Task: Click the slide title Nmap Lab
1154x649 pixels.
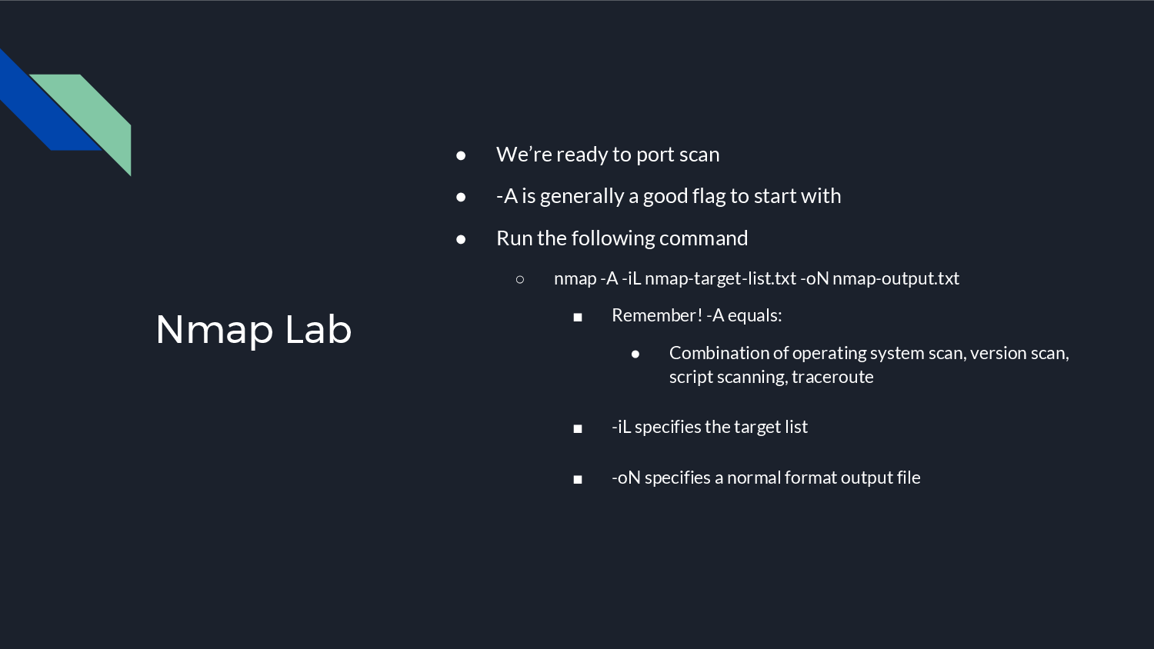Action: tap(253, 329)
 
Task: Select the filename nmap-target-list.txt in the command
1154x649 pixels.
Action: tap(720, 278)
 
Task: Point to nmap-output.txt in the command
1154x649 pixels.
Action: tap(896, 278)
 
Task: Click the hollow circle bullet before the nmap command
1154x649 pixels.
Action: tap(520, 279)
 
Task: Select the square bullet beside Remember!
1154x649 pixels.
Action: tap(578, 317)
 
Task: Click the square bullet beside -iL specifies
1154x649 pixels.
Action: tap(578, 428)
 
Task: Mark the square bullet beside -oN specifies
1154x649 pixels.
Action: tap(578, 479)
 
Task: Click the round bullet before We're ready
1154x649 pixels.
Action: tap(461, 155)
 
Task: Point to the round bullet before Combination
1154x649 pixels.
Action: tap(635, 354)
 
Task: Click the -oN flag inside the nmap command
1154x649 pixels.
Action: tap(814, 278)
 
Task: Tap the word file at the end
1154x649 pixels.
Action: tap(909, 478)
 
